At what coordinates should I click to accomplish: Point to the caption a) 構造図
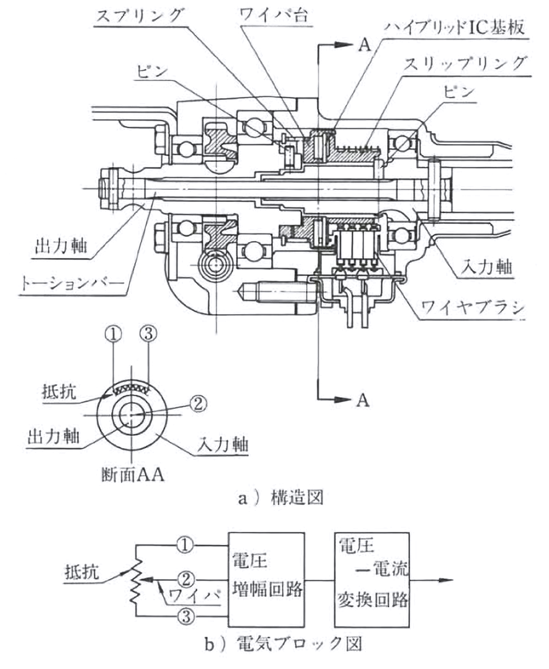[274, 499]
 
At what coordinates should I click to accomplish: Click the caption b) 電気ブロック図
[274, 645]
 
